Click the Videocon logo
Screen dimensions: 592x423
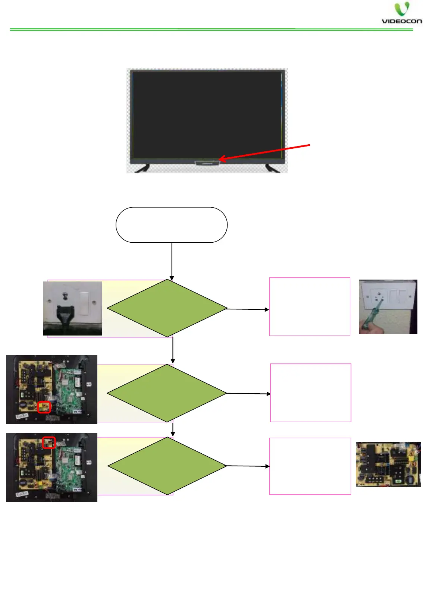coord(401,14)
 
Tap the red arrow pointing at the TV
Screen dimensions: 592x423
coord(264,152)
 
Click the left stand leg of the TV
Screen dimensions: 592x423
coord(142,169)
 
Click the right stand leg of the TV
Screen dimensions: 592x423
coord(272,169)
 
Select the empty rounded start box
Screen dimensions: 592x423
coord(172,225)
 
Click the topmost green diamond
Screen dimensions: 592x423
coord(167,308)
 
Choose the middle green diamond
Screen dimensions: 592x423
coord(167,393)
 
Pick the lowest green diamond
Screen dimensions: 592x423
coord(167,466)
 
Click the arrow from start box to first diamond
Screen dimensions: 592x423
coord(172,261)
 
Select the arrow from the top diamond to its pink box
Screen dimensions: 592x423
coord(248,309)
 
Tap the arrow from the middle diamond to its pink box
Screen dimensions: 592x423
coord(248,393)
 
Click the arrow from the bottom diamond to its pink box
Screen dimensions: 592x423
coord(248,466)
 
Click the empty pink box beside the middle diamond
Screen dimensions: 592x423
coord(310,393)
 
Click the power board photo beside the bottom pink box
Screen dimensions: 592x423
coord(388,465)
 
